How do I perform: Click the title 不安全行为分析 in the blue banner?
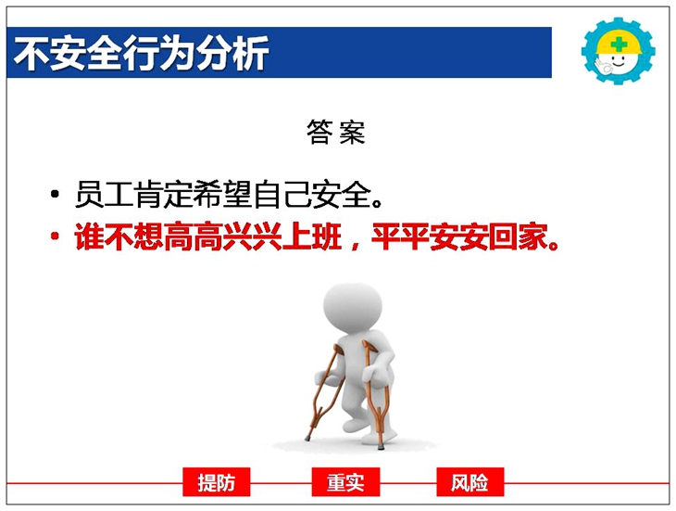tap(141, 53)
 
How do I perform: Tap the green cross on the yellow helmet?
tap(619, 44)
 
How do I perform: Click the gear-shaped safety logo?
tap(619, 51)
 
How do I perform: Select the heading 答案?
tap(336, 132)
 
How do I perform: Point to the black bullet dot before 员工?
tap(55, 194)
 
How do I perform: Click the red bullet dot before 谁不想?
tap(55, 236)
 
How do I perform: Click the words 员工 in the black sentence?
tap(104, 194)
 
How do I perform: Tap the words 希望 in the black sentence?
tap(222, 194)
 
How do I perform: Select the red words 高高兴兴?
tap(222, 236)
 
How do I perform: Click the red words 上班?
tap(312, 236)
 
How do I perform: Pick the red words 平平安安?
tap(430, 236)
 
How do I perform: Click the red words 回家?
tap(518, 236)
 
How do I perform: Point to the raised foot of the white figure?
tap(355, 425)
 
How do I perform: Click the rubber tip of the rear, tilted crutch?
tap(307, 439)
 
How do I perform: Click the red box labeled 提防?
tap(217, 482)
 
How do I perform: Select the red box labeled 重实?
tap(345, 482)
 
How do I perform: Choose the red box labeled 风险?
tap(469, 482)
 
